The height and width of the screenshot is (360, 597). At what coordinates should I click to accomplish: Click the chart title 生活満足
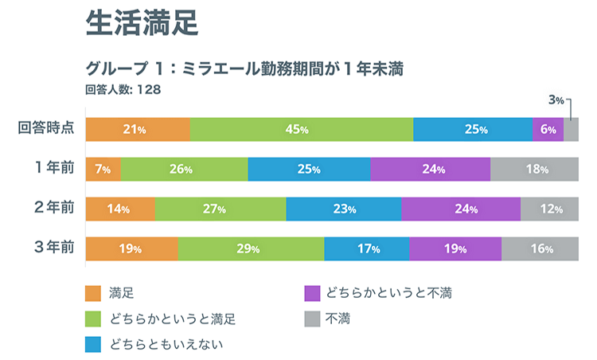click(141, 24)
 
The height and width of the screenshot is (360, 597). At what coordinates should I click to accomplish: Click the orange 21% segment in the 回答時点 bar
click(138, 129)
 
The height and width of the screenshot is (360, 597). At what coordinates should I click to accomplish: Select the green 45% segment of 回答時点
click(302, 129)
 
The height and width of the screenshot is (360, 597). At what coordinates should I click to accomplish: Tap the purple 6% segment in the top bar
click(548, 129)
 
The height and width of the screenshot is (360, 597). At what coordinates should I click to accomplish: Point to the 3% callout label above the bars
click(556, 100)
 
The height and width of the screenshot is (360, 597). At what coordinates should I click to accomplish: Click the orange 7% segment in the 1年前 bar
click(103, 169)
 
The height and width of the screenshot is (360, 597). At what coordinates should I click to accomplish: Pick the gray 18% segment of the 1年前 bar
click(534, 169)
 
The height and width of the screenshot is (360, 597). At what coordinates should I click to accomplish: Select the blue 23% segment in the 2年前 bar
click(343, 209)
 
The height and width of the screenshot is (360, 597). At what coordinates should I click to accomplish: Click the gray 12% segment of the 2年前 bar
click(549, 209)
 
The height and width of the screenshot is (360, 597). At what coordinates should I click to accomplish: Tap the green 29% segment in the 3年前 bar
click(251, 248)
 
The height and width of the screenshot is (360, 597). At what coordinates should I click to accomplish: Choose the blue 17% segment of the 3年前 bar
click(367, 248)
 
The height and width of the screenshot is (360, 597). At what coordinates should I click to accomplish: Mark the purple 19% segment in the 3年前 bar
click(455, 248)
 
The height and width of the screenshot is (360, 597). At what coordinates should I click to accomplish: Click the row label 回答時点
click(47, 128)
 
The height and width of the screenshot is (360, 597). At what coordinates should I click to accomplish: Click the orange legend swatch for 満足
click(93, 294)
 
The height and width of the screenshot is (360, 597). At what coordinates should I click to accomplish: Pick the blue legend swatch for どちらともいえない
click(93, 344)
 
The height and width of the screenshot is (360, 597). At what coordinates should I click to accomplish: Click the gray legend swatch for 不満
click(313, 319)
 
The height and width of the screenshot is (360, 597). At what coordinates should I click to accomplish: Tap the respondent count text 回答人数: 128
click(123, 89)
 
